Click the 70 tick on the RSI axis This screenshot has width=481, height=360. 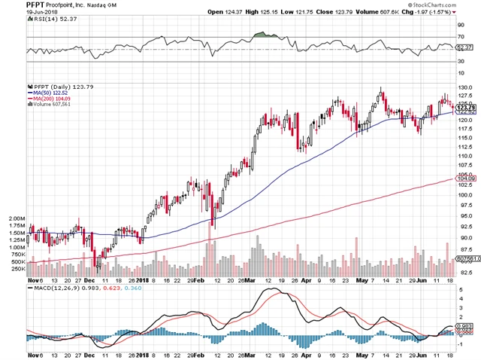(x=459, y=35)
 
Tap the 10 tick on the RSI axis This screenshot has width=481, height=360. (x=459, y=72)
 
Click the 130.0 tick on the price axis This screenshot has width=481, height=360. (x=465, y=88)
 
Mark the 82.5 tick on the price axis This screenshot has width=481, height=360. (x=465, y=272)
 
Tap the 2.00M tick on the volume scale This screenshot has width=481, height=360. (x=15, y=217)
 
